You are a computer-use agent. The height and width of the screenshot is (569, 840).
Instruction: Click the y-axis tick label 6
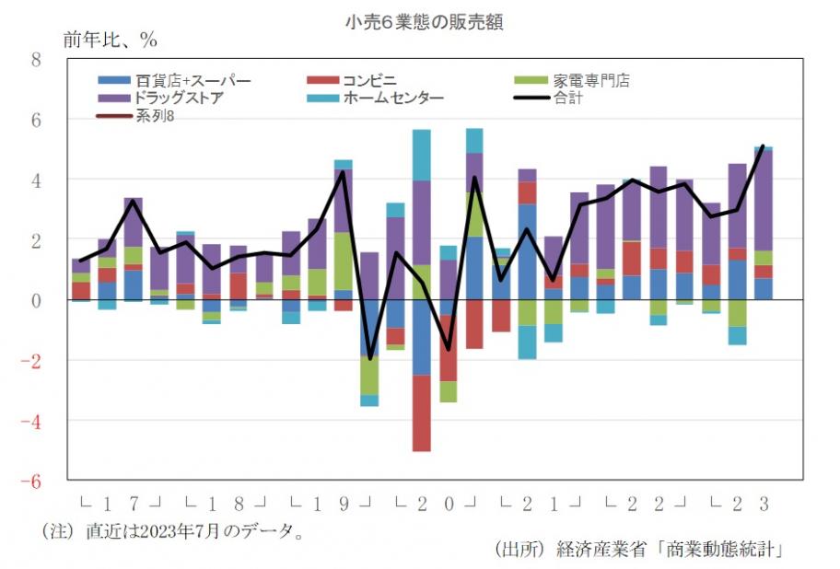pyautogui.click(x=36, y=120)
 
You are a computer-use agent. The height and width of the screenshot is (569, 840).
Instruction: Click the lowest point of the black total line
pyautogui.click(x=369, y=358)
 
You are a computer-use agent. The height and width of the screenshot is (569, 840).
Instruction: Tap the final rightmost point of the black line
pyautogui.click(x=764, y=146)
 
